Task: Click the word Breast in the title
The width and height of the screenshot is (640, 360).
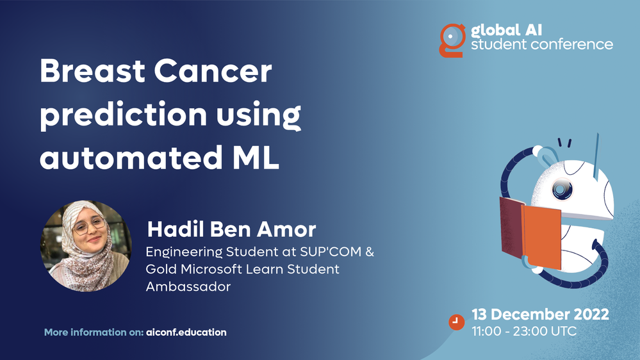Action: [92, 71]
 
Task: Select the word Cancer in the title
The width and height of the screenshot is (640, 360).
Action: [213, 71]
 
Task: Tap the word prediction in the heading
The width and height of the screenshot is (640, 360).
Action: [123, 115]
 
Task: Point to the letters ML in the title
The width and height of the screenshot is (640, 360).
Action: [256, 158]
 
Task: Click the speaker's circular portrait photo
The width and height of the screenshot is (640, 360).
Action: [86, 246]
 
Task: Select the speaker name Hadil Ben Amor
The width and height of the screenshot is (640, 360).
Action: [231, 229]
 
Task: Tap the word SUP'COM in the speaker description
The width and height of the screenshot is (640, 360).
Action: [331, 252]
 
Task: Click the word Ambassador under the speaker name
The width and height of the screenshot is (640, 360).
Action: [188, 286]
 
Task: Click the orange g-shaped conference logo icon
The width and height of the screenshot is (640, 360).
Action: [452, 40]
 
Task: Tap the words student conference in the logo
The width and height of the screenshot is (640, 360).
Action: [542, 44]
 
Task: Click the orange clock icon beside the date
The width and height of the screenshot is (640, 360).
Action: [456, 322]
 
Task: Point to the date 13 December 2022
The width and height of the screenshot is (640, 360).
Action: [541, 315]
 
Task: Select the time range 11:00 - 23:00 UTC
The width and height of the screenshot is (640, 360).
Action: [524, 331]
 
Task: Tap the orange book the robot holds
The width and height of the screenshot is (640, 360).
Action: [542, 237]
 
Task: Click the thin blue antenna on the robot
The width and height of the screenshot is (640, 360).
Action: [596, 158]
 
